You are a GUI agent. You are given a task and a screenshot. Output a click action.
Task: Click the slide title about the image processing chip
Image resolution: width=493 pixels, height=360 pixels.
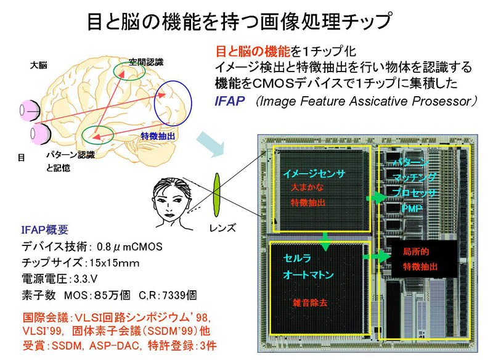246,20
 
